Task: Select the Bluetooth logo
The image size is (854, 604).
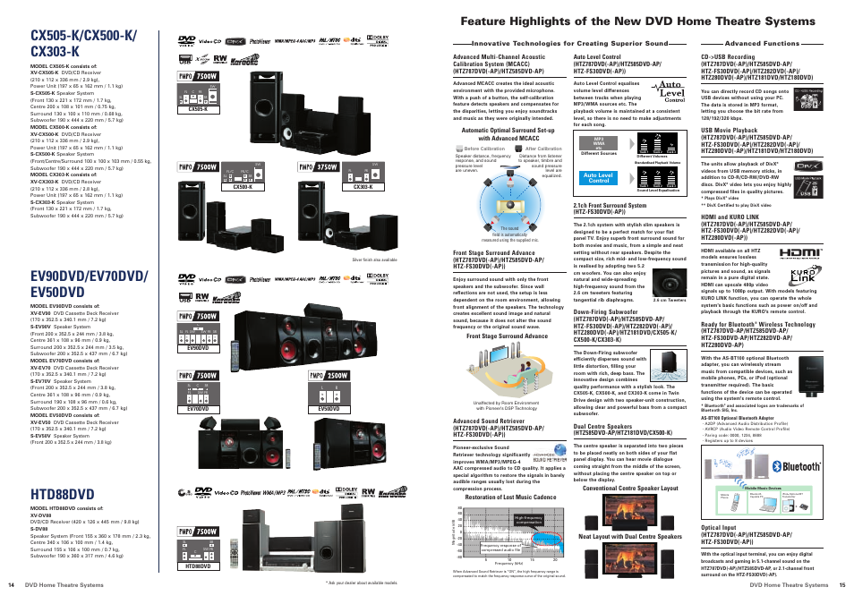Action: tap(800, 466)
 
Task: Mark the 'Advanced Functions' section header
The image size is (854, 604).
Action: tap(762, 43)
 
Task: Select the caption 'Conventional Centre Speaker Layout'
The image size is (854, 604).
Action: tap(630, 489)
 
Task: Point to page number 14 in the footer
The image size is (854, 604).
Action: tap(12, 584)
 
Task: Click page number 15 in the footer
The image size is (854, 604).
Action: tap(841, 584)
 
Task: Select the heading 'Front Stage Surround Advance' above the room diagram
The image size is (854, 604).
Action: tap(507, 336)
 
